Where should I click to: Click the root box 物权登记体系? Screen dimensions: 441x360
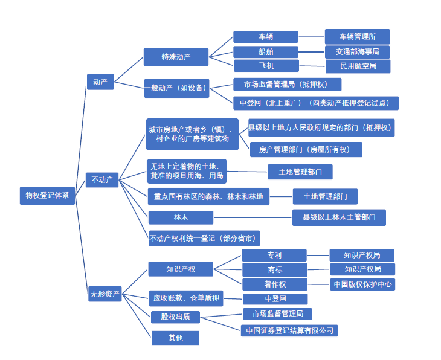[x=47, y=196]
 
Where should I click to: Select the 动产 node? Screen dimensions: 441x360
[x=100, y=82]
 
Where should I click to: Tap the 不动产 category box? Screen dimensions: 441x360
[x=102, y=180]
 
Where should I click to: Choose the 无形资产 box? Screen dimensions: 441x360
[x=105, y=294]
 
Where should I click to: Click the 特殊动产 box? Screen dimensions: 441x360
[x=176, y=57]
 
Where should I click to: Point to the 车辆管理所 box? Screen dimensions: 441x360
[x=358, y=37]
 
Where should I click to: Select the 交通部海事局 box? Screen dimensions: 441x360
[x=358, y=52]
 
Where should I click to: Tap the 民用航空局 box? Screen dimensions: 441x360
[x=358, y=66]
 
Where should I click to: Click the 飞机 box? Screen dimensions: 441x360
[x=266, y=66]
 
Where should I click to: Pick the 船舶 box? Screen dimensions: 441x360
[x=266, y=52]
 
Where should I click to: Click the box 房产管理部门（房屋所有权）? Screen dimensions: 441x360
[x=306, y=150]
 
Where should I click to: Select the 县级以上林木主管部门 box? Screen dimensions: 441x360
[x=339, y=217]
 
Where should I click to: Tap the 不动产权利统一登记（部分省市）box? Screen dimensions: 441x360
[x=204, y=239]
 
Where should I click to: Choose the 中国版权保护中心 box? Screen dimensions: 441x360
[x=362, y=284]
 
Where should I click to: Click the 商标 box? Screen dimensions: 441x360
[x=275, y=270]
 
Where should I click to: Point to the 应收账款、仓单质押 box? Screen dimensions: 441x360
[x=186, y=298]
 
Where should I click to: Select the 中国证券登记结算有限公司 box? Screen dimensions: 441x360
[x=289, y=330]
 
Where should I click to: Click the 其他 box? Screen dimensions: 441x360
[x=176, y=338]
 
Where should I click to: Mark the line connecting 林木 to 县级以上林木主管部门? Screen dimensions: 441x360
[x=253, y=217]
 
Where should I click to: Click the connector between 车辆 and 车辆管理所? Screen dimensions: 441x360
[x=312, y=37]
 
